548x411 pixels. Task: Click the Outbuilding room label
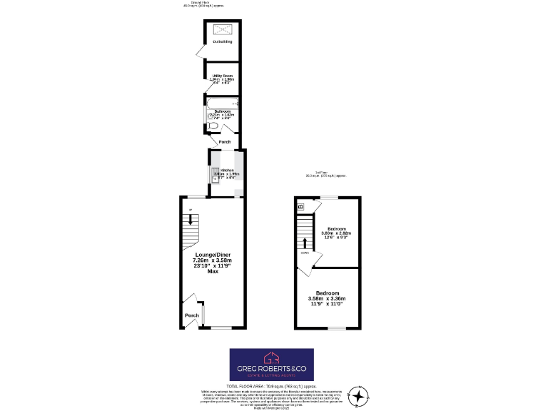[x=223, y=42]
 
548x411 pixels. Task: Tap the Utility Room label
[x=223, y=76]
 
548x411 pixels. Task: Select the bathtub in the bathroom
[x=223, y=104]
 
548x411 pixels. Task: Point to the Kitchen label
[x=227, y=171]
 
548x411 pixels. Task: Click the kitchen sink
[x=215, y=173]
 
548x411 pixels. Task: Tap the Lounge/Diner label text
[x=213, y=255]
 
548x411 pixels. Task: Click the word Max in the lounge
[x=213, y=271]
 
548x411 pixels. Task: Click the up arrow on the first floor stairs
[x=305, y=241]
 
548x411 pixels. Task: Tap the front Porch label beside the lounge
[x=192, y=315]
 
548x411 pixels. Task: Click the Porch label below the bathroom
[x=224, y=142]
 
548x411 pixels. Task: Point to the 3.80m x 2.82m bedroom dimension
[x=336, y=233]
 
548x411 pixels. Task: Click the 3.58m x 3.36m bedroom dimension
[x=327, y=298]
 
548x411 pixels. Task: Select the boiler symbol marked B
[x=300, y=206]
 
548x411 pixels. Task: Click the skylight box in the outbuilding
[x=223, y=29]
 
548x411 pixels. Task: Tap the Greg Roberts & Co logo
[x=271, y=364]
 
